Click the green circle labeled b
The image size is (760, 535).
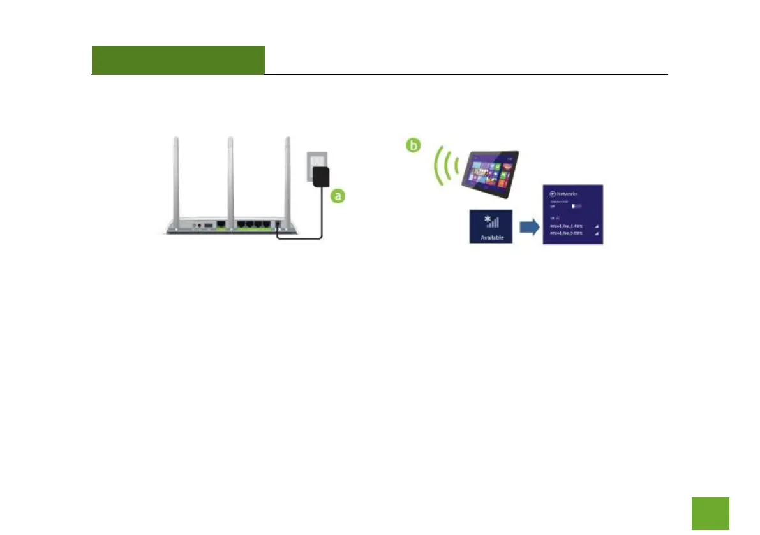tap(415, 146)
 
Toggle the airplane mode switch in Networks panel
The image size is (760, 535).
tap(576, 206)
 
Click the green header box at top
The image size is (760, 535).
tap(178, 60)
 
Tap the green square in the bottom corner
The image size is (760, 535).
tap(710, 513)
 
